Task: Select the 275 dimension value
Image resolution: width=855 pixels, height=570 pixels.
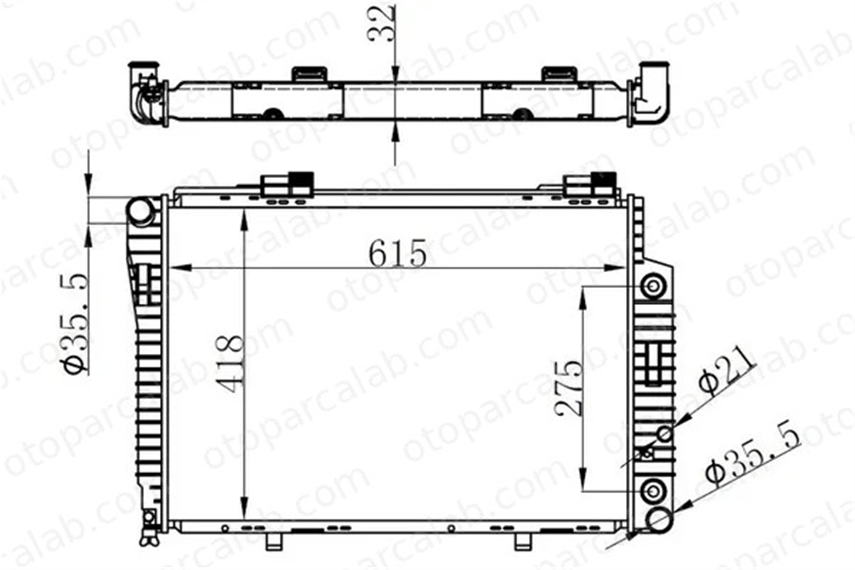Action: (568, 388)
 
